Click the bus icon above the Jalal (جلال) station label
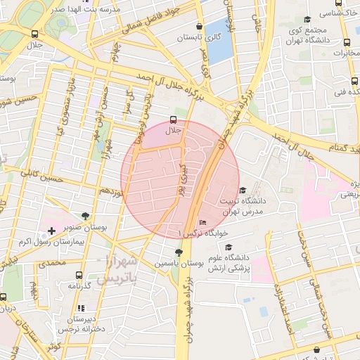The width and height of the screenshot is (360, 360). pyautogui.click(x=173, y=120)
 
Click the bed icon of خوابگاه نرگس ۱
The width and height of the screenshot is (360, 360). pyautogui.click(x=203, y=224)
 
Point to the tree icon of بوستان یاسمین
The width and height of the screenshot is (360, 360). pyautogui.click(x=179, y=252)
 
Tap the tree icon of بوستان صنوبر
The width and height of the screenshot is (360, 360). pyautogui.click(x=84, y=216)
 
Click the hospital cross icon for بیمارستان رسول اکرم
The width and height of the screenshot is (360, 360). pyautogui.click(x=52, y=231)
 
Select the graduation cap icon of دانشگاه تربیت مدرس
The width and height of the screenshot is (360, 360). pyautogui.click(x=243, y=190)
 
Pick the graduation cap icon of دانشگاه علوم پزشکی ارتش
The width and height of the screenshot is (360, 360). pyautogui.click(x=229, y=247)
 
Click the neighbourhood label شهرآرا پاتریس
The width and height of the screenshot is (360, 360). pyautogui.click(x=120, y=271)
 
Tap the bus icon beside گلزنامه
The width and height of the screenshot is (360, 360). pyautogui.click(x=77, y=275)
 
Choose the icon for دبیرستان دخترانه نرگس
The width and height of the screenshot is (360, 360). pyautogui.click(x=81, y=308)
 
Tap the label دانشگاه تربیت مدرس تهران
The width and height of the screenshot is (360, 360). pyautogui.click(x=238, y=206)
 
